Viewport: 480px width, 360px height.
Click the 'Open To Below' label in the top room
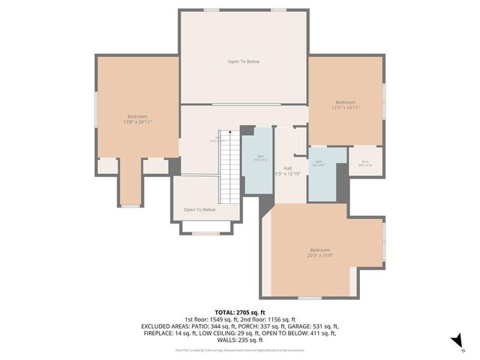[x=244, y=61]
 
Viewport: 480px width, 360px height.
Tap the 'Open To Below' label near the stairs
[x=199, y=210]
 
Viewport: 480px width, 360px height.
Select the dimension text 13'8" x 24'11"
[x=137, y=121]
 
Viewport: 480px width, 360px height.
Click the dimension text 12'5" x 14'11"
[x=346, y=108]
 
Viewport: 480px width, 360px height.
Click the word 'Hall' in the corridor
[x=287, y=168]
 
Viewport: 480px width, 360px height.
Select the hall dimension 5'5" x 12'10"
[x=287, y=174]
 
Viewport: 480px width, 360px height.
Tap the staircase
[x=229, y=169]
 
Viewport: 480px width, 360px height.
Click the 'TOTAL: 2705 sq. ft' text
[x=240, y=312]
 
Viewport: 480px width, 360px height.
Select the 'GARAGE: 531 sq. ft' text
[x=313, y=326]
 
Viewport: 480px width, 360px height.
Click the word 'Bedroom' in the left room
[x=137, y=116]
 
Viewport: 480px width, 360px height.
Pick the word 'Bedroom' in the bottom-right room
[x=320, y=250]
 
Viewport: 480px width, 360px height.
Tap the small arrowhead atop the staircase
[x=229, y=132]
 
